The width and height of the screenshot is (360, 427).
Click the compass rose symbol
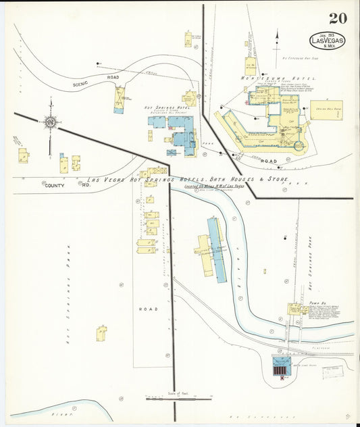pos(49,122)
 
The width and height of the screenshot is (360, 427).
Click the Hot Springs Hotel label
pos(161,107)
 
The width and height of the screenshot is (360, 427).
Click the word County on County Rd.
pos(55,185)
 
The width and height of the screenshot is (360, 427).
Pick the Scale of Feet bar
pos(174,399)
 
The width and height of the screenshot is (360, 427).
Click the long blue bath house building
pos(216,250)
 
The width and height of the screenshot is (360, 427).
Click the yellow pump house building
pos(295,309)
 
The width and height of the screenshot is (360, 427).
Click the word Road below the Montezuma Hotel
pos(269,161)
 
